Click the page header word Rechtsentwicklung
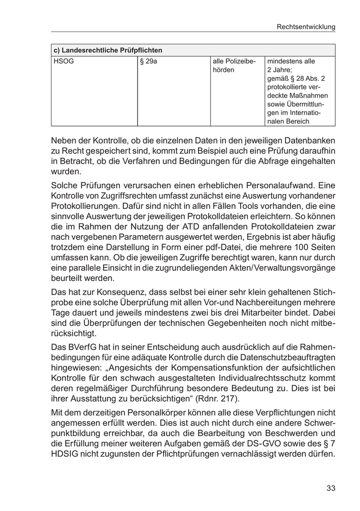(305, 26)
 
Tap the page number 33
(330, 488)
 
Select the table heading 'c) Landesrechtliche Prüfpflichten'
(108, 50)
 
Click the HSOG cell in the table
(64, 61)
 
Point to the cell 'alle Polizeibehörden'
(234, 65)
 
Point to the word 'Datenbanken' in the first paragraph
(310, 140)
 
